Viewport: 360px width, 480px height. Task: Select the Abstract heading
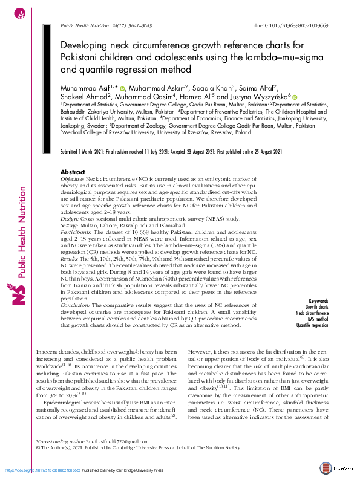coord(73,172)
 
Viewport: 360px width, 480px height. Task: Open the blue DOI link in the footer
coord(42,470)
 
